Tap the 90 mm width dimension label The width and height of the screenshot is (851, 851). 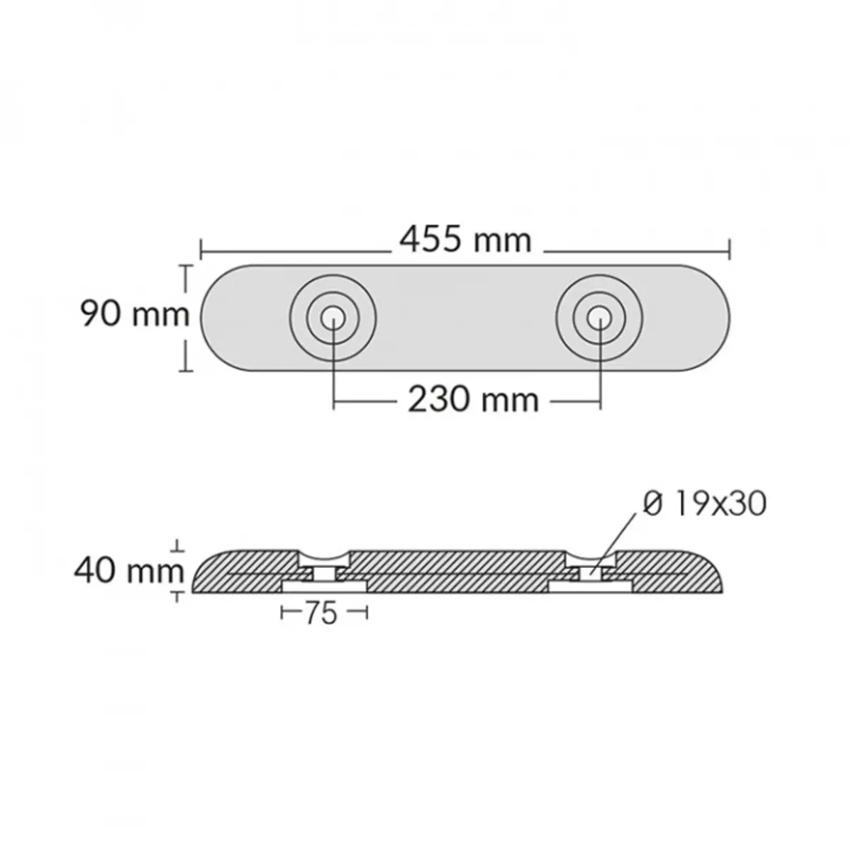[x=135, y=314]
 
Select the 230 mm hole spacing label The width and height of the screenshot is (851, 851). [x=473, y=400]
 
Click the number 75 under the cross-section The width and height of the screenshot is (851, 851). [x=321, y=613]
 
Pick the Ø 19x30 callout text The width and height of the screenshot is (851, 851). [x=704, y=504]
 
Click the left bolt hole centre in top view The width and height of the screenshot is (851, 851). [x=333, y=318]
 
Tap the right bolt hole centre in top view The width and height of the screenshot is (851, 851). [x=600, y=318]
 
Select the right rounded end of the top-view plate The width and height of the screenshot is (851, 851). [x=729, y=318]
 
